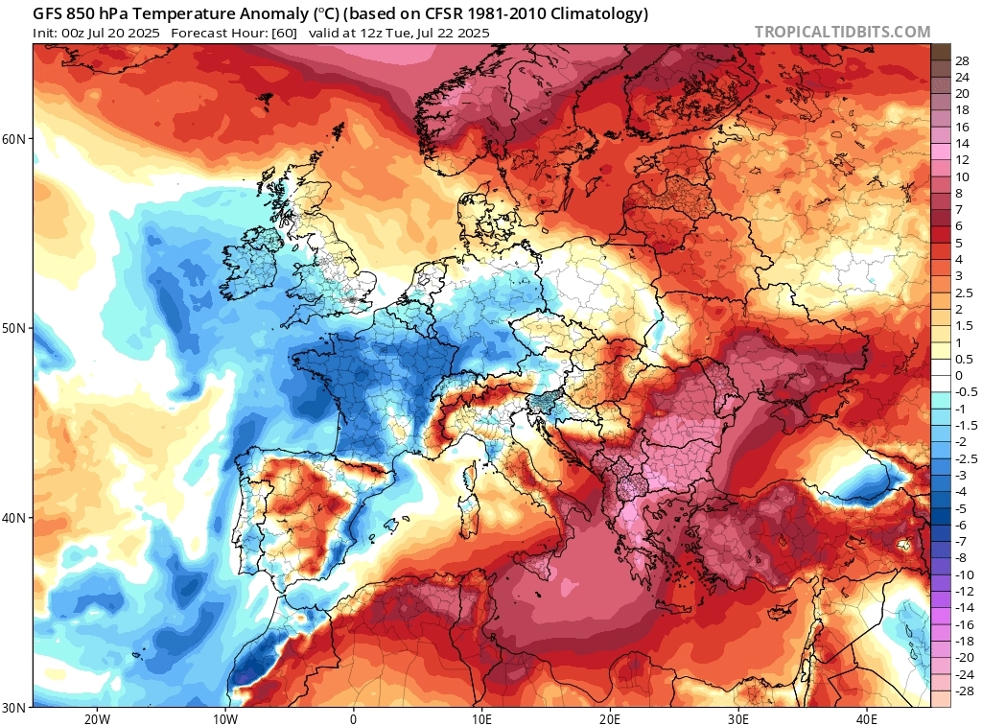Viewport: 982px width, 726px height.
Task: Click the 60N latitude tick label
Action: pyautogui.click(x=15, y=139)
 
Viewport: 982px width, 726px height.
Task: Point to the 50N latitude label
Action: pyautogui.click(x=15, y=328)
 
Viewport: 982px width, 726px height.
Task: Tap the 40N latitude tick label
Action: pyautogui.click(x=15, y=518)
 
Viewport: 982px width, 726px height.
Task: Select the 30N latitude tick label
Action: pyautogui.click(x=15, y=707)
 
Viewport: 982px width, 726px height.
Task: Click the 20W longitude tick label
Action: pyautogui.click(x=96, y=719)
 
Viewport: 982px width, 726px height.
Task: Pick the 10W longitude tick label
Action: pyautogui.click(x=224, y=719)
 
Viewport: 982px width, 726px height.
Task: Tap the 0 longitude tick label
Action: pyautogui.click(x=354, y=719)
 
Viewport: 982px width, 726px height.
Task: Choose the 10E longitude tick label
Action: pyautogui.click(x=481, y=719)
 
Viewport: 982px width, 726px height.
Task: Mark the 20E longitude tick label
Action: pyautogui.click(x=610, y=719)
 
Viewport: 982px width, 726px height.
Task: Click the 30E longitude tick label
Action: pyautogui.click(x=738, y=719)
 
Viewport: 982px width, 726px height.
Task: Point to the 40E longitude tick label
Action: pyautogui.click(x=867, y=719)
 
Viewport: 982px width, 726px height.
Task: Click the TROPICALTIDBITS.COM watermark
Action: pyautogui.click(x=842, y=32)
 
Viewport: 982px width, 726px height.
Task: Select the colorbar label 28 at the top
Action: pyautogui.click(x=936, y=60)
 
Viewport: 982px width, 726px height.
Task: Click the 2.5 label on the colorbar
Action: pyautogui.click(x=938, y=293)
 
